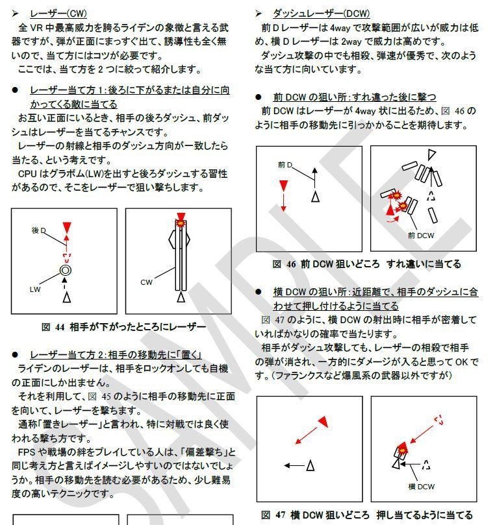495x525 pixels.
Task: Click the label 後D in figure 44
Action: [x=40, y=230]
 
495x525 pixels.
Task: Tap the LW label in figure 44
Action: [x=35, y=289]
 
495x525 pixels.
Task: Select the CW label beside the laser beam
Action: [x=147, y=282]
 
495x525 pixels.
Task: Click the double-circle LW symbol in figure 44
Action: [x=66, y=269]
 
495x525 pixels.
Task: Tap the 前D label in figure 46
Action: [x=285, y=165]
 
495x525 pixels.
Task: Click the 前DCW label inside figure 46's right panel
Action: [x=420, y=236]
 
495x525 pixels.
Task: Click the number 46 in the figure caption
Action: [x=291, y=264]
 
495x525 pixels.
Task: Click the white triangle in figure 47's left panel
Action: [x=310, y=465]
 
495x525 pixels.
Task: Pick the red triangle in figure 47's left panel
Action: [x=322, y=422]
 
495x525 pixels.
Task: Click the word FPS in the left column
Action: [x=30, y=452]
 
